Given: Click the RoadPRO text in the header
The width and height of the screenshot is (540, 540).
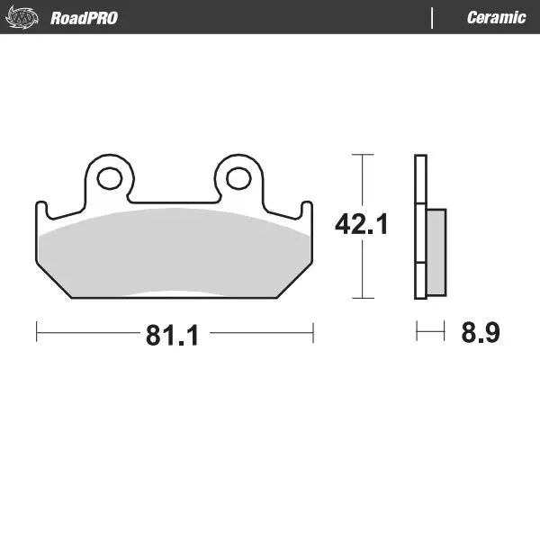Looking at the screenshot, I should pos(84,17).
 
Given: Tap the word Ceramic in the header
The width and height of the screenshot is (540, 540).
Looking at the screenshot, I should pos(496,17).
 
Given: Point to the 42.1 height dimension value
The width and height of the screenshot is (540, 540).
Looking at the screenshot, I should pos(361,224).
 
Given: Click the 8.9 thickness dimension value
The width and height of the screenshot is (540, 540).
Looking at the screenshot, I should pos(480,333).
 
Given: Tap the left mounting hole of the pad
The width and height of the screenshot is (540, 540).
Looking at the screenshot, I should pos(109,178).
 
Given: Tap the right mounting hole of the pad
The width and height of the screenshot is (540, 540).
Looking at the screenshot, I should pos(238,178).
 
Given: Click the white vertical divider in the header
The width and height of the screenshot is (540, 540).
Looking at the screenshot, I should pos(433,17).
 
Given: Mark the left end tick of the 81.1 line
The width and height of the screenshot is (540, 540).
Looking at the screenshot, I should pos(36,332).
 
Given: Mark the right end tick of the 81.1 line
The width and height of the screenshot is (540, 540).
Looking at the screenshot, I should pos(312,332).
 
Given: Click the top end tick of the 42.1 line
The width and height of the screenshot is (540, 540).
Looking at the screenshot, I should pos(361,155).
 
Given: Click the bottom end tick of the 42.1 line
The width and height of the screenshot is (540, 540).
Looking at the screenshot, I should pos(361,298).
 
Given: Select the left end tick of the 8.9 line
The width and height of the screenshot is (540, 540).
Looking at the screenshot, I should pos(417,332).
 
